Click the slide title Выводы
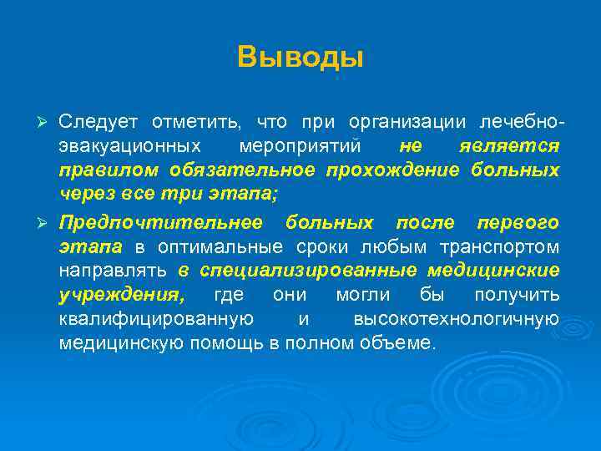[300, 58]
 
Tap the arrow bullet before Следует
[46, 123]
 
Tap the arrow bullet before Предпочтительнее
[46, 223]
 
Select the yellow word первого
[518, 223]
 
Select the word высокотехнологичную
[456, 320]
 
